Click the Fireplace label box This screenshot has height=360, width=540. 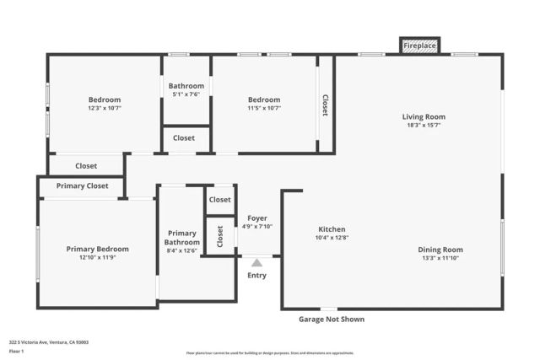[x=419, y=46]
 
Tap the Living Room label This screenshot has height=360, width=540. [x=424, y=116]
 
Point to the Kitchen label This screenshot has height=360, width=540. [x=332, y=229]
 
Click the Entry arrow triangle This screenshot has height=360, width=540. [x=256, y=263]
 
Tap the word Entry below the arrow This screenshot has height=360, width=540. [x=256, y=276]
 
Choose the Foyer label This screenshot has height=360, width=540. [x=256, y=218]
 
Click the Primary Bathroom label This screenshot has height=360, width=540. [x=181, y=238]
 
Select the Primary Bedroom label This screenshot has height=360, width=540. [x=98, y=249]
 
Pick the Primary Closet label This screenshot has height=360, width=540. [x=82, y=185]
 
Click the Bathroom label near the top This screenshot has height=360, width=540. [x=186, y=86]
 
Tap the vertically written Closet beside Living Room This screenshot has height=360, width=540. [x=325, y=105]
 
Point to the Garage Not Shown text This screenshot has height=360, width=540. [x=332, y=320]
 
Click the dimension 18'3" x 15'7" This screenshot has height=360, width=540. [x=424, y=125]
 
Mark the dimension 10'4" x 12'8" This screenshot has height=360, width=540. [x=332, y=238]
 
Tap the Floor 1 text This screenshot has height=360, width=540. [x=15, y=351]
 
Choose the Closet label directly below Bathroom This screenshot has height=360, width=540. [x=184, y=137]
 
